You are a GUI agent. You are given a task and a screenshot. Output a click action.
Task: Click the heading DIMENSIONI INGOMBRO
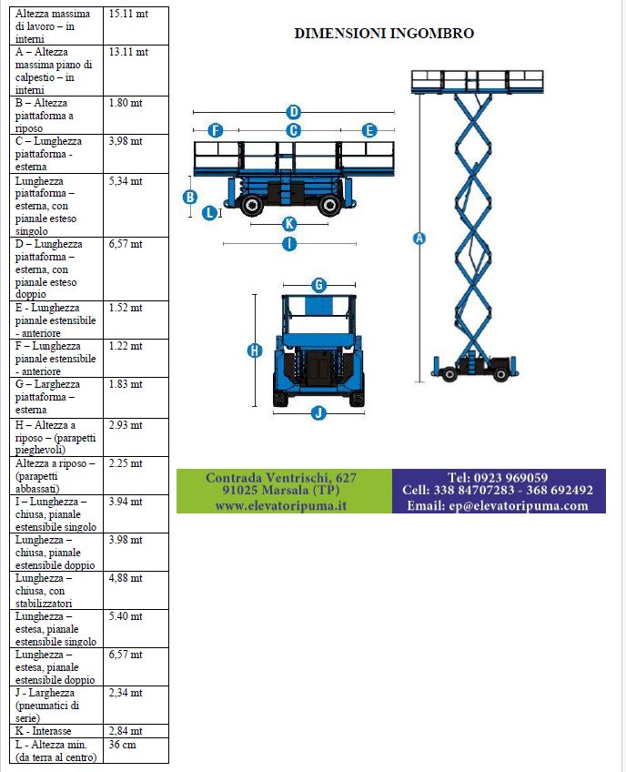tap(384, 34)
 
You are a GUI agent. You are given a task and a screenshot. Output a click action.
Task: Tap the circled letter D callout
tap(293, 112)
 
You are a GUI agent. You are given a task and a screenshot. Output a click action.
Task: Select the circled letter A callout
tap(419, 239)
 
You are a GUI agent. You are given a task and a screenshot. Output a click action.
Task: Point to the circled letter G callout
tap(318, 285)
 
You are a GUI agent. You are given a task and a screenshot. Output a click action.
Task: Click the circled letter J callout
tap(318, 412)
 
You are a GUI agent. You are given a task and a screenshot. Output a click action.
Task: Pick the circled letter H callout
tap(255, 350)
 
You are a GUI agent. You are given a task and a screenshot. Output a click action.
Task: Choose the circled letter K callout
tap(289, 224)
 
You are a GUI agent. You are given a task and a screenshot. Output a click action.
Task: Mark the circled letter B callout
tap(190, 197)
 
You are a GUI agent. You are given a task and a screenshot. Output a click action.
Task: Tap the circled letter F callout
tap(216, 130)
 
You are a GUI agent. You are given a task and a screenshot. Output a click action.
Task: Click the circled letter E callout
tap(369, 130)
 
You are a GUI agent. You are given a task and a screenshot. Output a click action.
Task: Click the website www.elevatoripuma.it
tap(281, 505)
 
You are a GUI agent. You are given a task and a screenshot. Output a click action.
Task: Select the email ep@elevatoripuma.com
tap(498, 505)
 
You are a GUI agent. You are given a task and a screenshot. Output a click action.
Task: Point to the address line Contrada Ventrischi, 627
tap(281, 477)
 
